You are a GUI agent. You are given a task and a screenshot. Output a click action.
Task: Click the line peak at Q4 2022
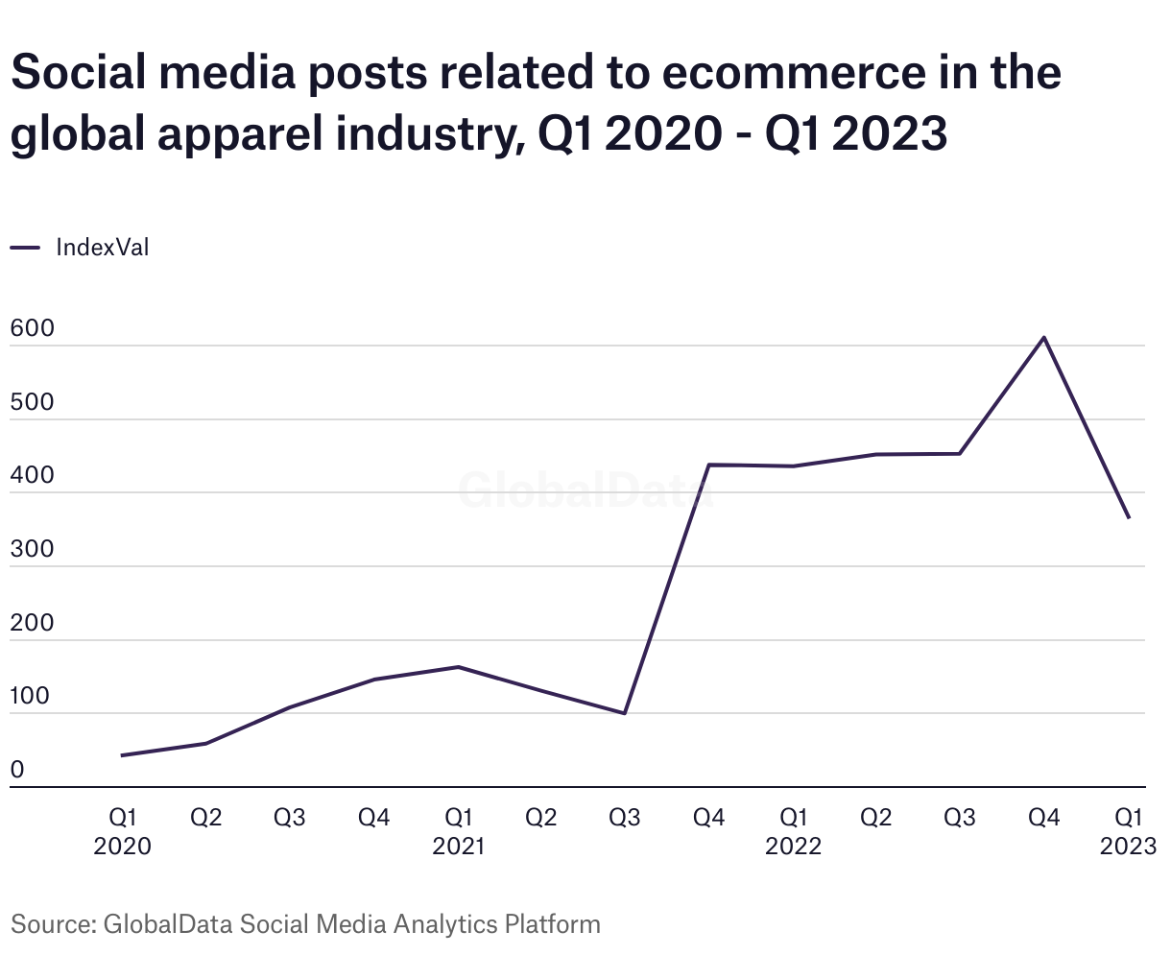1043,337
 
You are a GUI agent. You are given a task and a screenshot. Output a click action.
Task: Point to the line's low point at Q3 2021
625,713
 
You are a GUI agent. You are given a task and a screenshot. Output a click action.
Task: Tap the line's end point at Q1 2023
1129,517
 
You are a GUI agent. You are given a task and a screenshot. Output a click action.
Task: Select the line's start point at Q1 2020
122,755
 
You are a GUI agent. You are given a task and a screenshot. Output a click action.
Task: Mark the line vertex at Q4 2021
709,465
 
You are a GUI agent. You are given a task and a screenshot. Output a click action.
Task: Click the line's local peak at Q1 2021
458,667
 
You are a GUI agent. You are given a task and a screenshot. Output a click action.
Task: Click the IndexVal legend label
103,248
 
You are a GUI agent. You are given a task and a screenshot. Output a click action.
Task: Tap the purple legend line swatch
25,248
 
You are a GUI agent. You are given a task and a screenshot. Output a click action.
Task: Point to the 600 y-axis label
32,328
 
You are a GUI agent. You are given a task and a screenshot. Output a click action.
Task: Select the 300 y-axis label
32,548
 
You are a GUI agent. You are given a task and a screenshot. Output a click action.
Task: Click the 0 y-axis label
17,770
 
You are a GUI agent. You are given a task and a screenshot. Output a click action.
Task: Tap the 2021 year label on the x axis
458,847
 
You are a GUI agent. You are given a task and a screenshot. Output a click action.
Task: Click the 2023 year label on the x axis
1128,847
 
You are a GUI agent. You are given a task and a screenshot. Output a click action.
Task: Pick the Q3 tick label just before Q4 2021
625,818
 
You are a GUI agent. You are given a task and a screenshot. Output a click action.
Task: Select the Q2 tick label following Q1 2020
205,818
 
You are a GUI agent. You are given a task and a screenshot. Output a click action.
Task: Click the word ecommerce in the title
794,72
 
